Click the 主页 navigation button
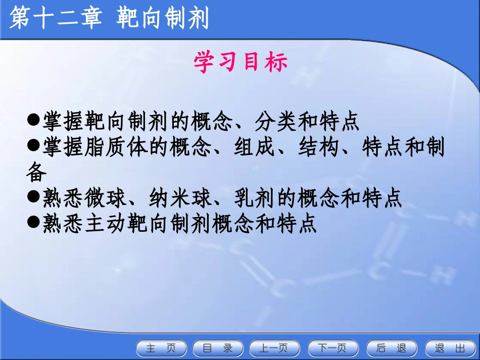(x=161, y=348)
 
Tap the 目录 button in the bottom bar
(x=218, y=348)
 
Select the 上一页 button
(x=274, y=348)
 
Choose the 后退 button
(x=392, y=348)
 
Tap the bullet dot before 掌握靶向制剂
(x=33, y=121)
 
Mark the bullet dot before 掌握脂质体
(x=33, y=146)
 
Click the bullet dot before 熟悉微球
(x=33, y=198)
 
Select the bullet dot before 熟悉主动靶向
(x=33, y=223)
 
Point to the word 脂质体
(x=118, y=147)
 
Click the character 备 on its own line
(x=36, y=173)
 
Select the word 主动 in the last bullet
(x=106, y=224)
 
